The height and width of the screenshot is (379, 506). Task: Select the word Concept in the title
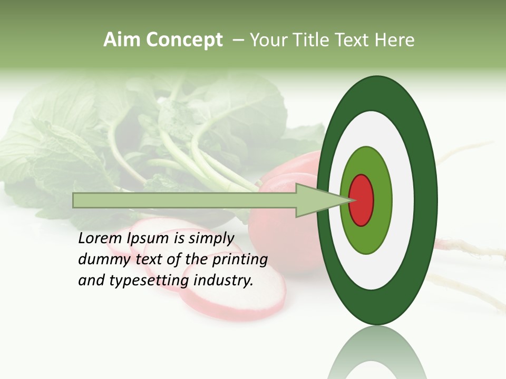coord(184,41)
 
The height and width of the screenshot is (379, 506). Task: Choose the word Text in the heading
coord(355,40)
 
